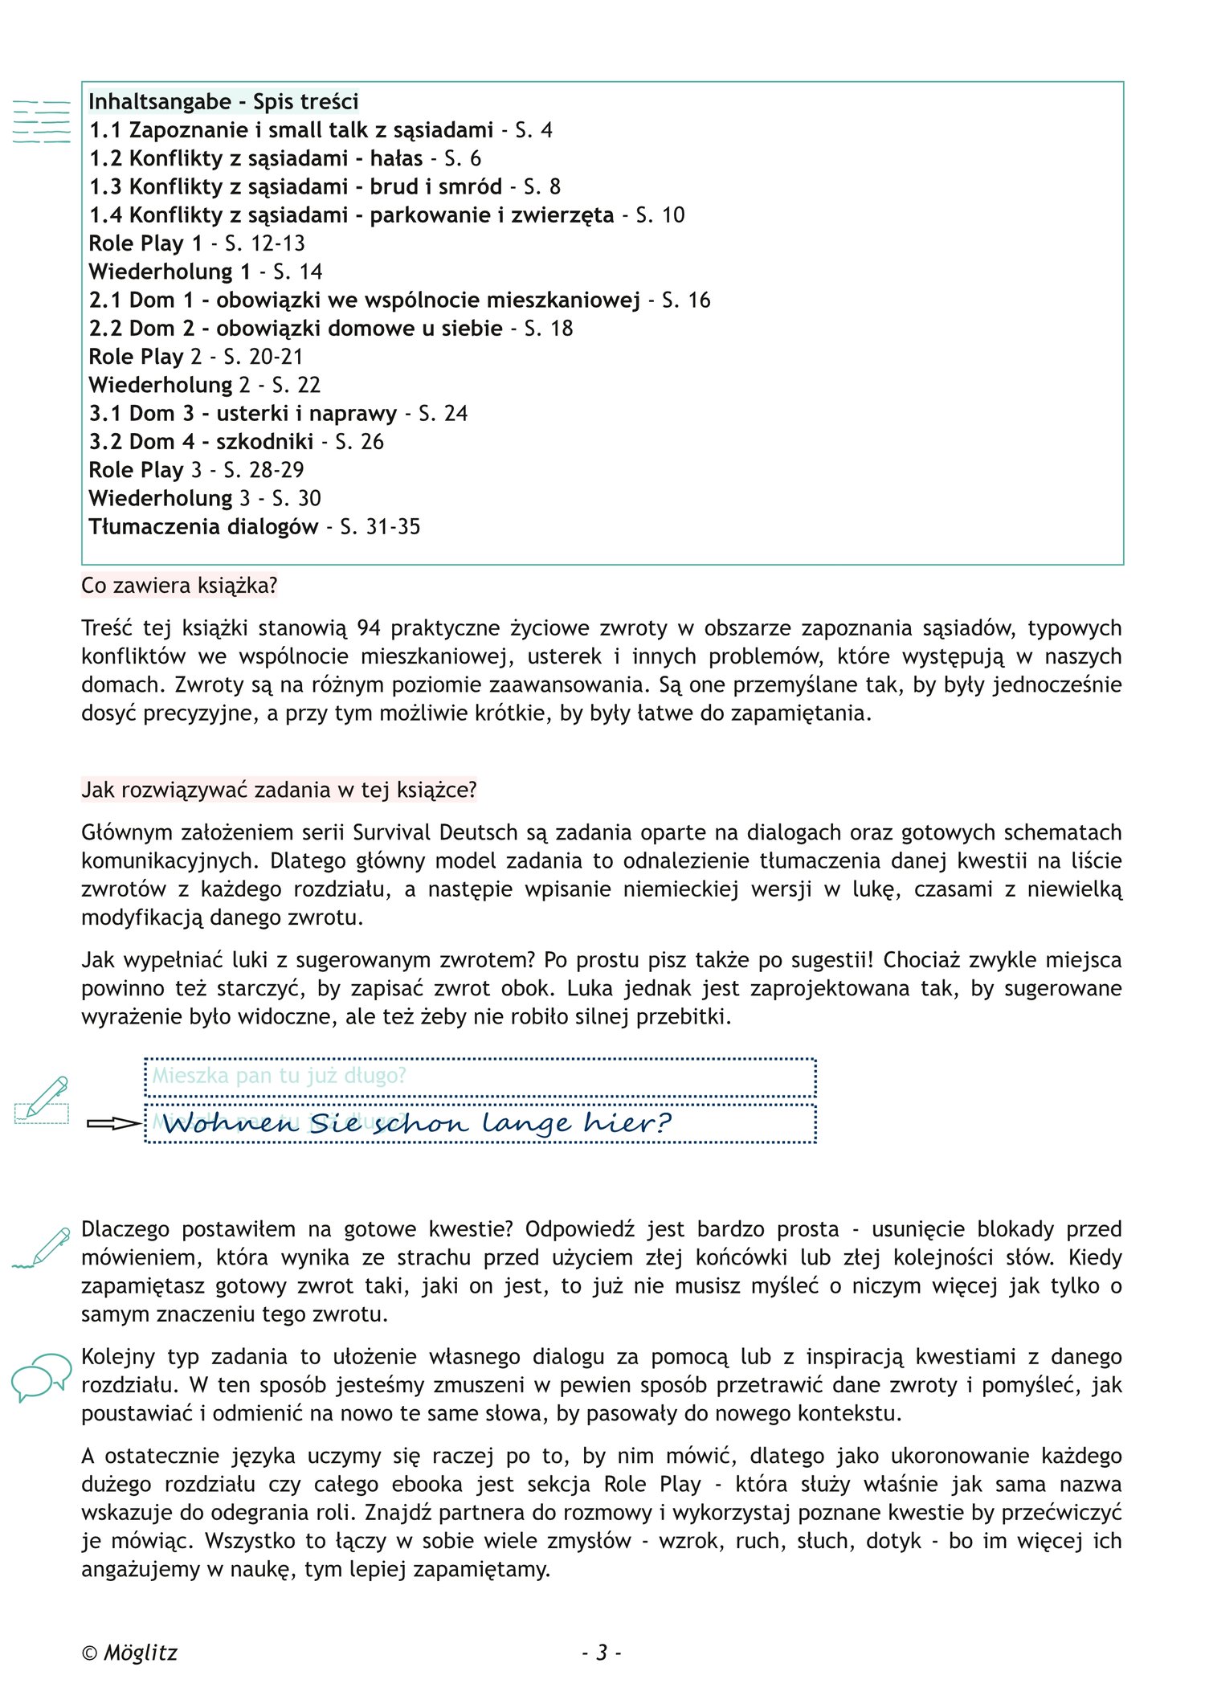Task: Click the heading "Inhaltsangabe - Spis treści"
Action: [x=223, y=102]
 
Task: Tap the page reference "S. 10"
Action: [x=660, y=215]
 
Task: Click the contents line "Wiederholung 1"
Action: [x=170, y=272]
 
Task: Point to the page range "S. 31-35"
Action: [x=380, y=527]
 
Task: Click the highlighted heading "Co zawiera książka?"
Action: [x=179, y=586]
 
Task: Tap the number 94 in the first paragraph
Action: [x=369, y=628]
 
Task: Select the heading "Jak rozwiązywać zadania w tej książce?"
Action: [x=279, y=791]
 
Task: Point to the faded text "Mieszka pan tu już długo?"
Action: [x=280, y=1076]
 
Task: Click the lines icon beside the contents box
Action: [x=42, y=122]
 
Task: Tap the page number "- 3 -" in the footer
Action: [x=602, y=1653]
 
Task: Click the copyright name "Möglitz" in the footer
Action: [x=141, y=1653]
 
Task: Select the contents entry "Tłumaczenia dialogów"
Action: [x=203, y=527]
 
